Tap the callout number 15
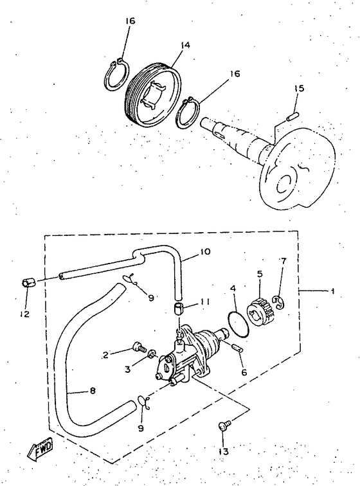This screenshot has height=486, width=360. pyautogui.click(x=299, y=87)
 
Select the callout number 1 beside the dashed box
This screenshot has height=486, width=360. pyautogui.click(x=332, y=291)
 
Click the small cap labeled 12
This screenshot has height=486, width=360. pyautogui.click(x=28, y=283)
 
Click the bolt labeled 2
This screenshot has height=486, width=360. pyautogui.click(x=138, y=348)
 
